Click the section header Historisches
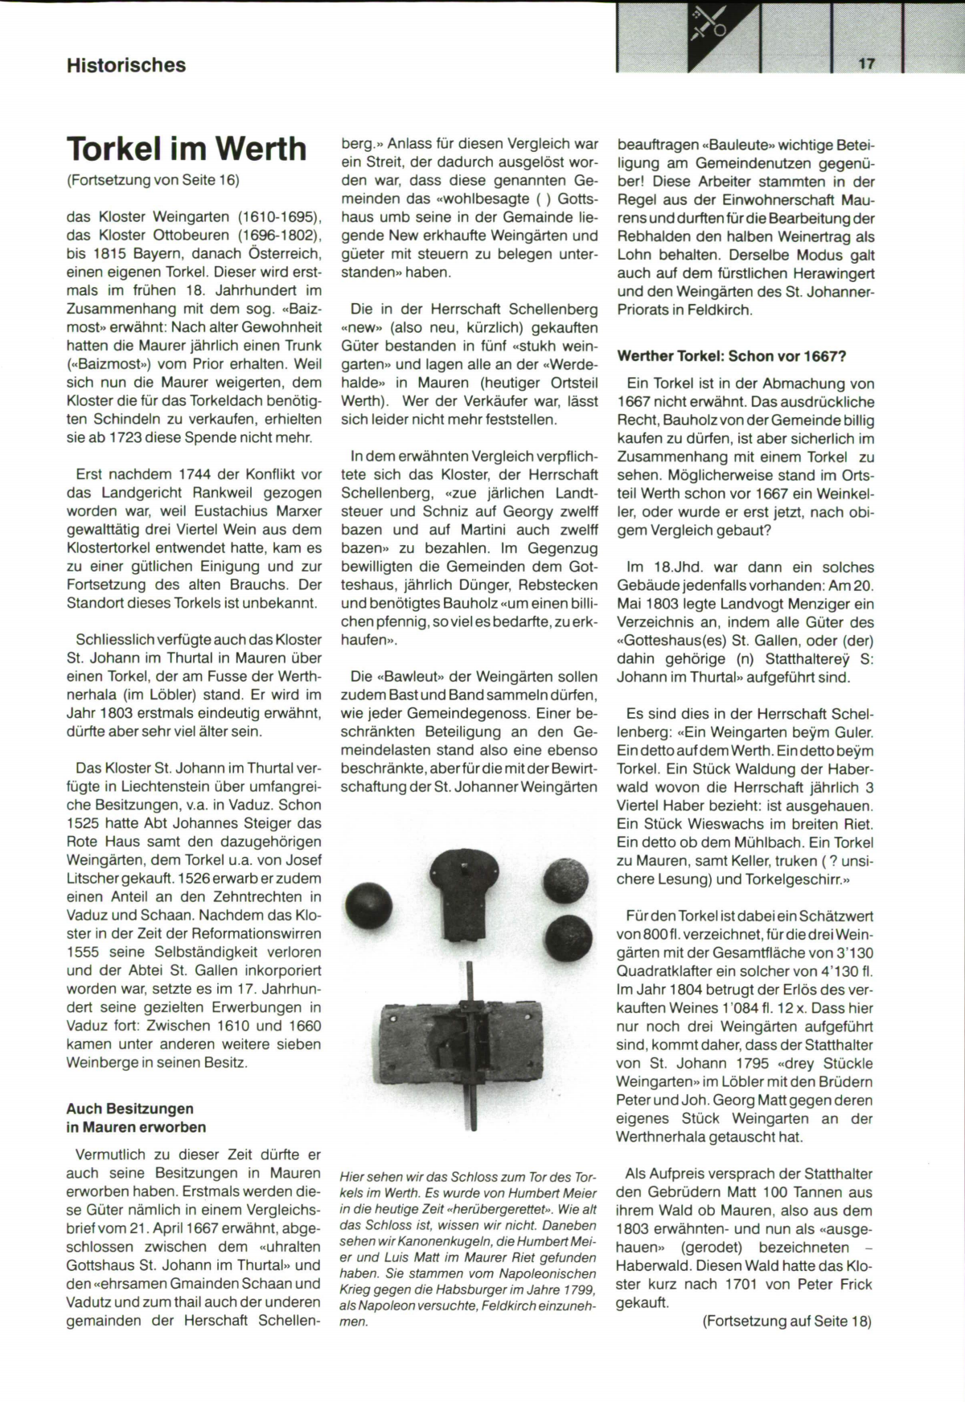point(126,65)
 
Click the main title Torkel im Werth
point(187,149)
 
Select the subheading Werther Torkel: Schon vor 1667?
point(732,356)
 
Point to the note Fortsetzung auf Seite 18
point(786,1322)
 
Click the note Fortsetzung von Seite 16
point(153,180)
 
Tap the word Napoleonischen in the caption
point(555,1273)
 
